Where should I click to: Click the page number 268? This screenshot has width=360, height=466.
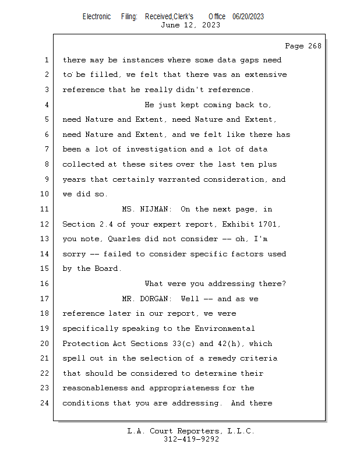click(x=315, y=46)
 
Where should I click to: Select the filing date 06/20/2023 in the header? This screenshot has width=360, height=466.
click(x=248, y=17)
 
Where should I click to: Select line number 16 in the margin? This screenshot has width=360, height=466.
click(x=45, y=284)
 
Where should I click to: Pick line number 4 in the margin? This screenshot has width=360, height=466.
click(x=47, y=105)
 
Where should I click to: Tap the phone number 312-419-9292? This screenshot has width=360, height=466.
click(x=191, y=439)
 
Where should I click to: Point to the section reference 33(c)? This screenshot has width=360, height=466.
click(x=183, y=344)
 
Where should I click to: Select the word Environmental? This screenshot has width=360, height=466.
click(x=225, y=329)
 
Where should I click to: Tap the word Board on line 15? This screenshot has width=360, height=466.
click(x=108, y=269)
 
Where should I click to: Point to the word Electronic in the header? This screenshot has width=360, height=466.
click(x=97, y=17)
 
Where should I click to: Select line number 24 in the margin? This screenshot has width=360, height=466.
click(x=45, y=403)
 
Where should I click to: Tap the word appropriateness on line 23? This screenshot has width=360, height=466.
click(x=184, y=389)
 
